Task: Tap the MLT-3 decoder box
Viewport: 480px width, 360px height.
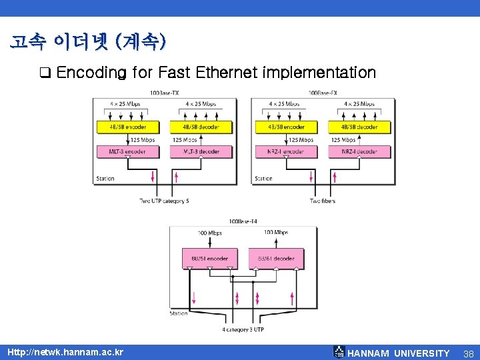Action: click(201, 151)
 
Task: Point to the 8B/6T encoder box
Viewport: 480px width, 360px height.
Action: click(209, 259)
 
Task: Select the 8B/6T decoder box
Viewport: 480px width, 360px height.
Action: click(276, 259)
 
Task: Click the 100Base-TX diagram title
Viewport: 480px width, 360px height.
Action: click(163, 93)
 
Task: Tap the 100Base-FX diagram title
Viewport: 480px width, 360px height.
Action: click(322, 93)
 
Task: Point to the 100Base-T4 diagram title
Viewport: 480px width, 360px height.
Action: click(243, 221)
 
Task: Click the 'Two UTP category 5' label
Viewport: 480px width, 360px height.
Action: click(164, 201)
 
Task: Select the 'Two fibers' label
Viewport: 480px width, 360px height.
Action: click(323, 201)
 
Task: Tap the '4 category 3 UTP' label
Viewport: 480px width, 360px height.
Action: click(243, 329)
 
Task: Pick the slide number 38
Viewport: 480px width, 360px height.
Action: click(468, 353)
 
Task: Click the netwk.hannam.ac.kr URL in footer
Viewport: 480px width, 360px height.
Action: click(65, 352)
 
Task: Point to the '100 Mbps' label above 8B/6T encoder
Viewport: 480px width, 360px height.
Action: click(210, 233)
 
